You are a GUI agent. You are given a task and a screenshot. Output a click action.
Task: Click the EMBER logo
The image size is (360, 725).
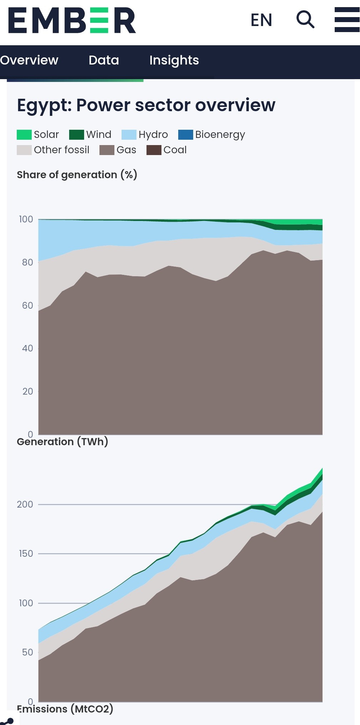point(72,20)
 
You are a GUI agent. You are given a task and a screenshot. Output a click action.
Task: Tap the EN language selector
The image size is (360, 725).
point(261,20)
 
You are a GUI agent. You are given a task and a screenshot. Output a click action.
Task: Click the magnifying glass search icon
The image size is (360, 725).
point(305,19)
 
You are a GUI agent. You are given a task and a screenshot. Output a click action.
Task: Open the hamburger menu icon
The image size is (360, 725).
point(347,20)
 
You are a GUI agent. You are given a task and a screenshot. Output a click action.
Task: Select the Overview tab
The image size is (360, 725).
point(29,60)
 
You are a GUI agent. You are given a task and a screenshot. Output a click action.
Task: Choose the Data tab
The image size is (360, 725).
point(104,60)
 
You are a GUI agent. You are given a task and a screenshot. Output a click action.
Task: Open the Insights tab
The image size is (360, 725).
point(174,60)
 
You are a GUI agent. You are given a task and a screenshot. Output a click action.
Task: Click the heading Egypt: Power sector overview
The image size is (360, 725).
point(146,105)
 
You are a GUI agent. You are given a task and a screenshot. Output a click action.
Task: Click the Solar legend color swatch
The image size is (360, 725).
point(24,135)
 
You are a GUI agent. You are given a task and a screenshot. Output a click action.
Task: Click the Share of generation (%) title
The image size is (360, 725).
point(77,175)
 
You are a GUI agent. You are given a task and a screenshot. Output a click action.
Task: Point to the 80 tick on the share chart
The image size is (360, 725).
point(27,262)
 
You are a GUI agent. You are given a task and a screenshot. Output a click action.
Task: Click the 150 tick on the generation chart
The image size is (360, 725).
point(26,554)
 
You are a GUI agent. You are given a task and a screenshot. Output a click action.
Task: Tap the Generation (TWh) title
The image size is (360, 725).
point(62,442)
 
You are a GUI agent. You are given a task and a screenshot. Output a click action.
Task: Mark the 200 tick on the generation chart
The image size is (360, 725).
point(25,504)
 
